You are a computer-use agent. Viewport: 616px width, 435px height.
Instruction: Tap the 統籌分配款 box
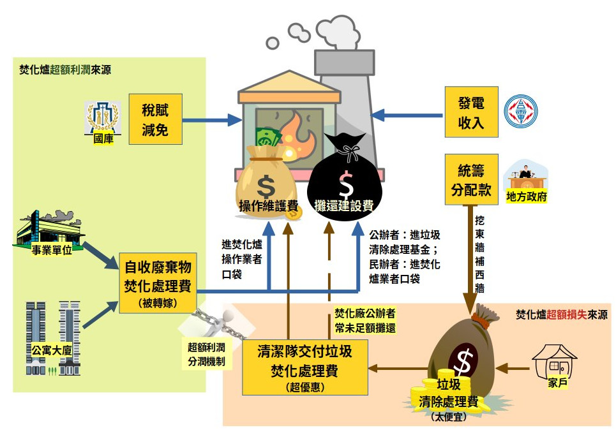pyautogui.click(x=471, y=179)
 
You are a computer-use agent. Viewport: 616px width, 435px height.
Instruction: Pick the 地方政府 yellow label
pyautogui.click(x=526, y=196)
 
